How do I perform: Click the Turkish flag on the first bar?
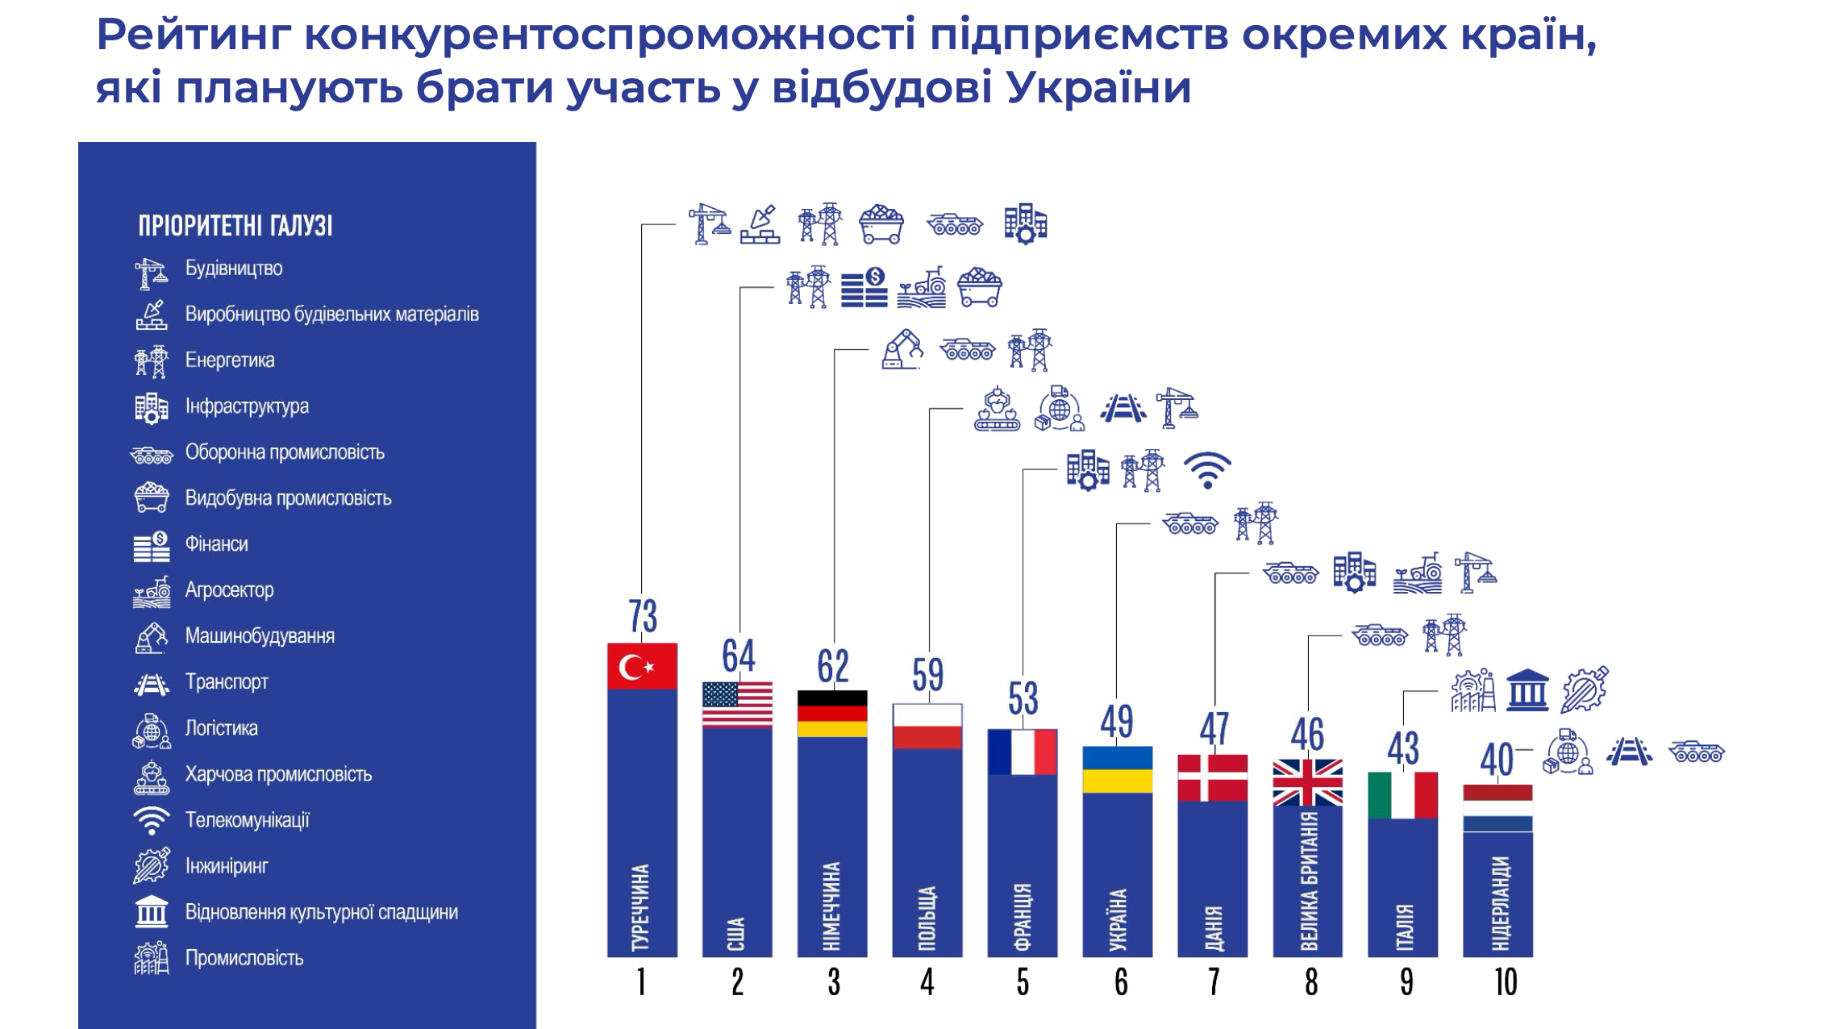tap(642, 666)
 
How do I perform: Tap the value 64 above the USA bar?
tap(738, 656)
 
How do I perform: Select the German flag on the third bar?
tap(832, 714)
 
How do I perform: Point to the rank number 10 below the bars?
tap(1505, 982)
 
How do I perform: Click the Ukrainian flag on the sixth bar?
tap(1117, 769)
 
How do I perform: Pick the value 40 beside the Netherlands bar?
tap(1496, 760)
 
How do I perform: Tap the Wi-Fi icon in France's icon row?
tap(1206, 470)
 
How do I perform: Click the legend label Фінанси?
tap(216, 544)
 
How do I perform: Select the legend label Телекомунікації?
tap(247, 820)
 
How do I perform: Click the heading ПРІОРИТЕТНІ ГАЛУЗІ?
tap(235, 226)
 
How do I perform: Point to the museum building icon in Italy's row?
tap(1527, 690)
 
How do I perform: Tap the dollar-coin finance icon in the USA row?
tap(864, 288)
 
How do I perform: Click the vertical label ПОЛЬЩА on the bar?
tap(927, 918)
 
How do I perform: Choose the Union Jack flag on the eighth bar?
tap(1307, 782)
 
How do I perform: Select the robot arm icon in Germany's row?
tap(902, 350)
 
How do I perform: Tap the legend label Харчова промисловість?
tap(278, 774)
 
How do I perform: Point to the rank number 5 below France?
tap(1023, 982)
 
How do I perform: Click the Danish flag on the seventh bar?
tap(1212, 777)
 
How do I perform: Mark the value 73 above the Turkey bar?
tap(643, 616)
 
